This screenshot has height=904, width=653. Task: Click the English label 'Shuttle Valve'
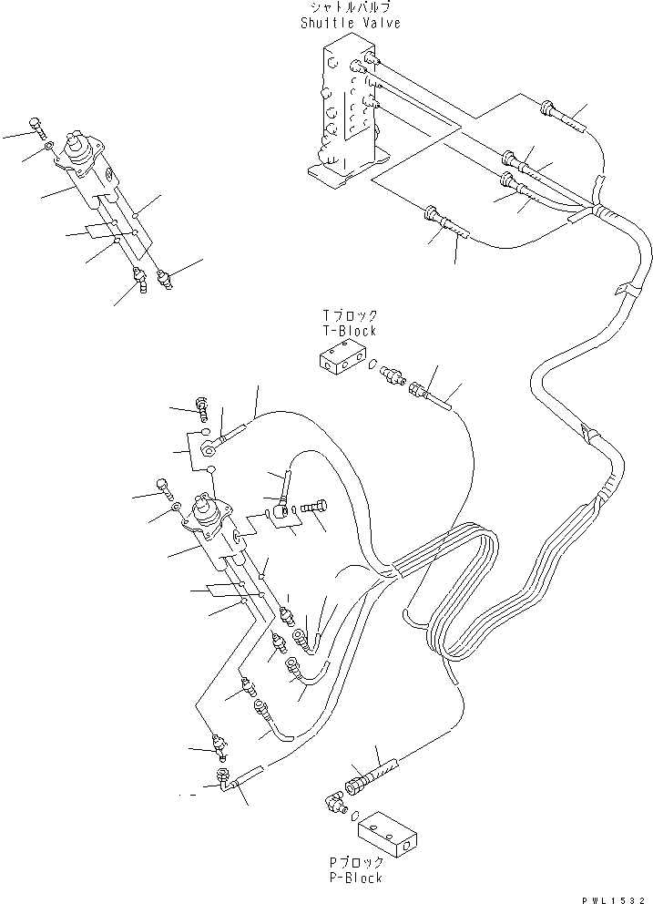(x=351, y=24)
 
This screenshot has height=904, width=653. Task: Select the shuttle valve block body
(x=346, y=109)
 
